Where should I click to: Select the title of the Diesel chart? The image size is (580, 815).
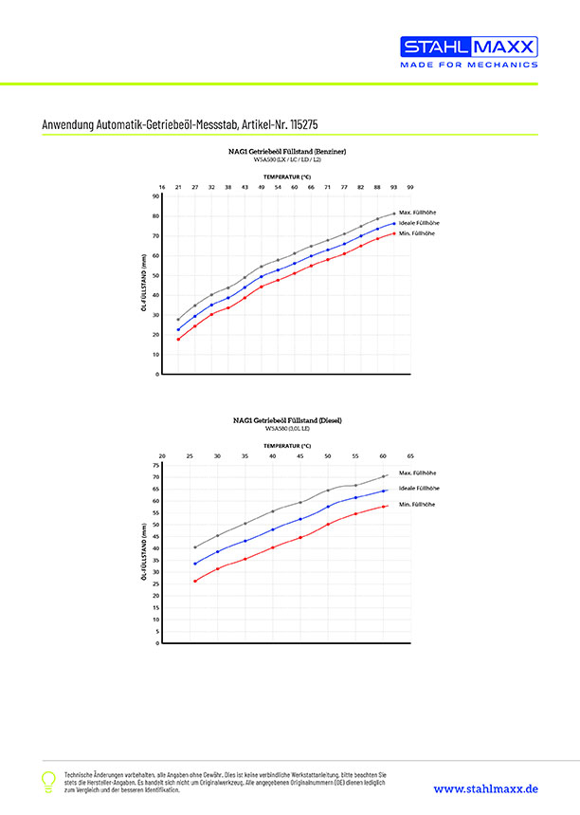[x=288, y=420]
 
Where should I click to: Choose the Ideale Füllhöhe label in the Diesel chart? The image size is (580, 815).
[x=419, y=488]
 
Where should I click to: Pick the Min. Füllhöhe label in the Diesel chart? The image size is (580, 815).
[x=417, y=504]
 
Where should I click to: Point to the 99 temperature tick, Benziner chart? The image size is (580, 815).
[x=410, y=188]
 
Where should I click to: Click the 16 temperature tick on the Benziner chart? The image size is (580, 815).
[x=162, y=188]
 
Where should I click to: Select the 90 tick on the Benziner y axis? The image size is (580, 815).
[x=155, y=196]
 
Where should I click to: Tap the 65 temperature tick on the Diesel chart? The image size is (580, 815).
[x=409, y=456]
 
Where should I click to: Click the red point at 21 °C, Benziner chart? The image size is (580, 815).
[x=178, y=339]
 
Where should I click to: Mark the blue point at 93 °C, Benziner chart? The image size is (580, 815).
[x=393, y=224]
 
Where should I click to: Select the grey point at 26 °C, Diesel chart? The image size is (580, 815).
[x=195, y=547]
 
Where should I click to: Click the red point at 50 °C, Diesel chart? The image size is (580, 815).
[x=328, y=524]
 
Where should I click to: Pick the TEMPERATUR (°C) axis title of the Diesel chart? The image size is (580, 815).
[x=287, y=445]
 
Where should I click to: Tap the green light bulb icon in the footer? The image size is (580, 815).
[x=48, y=781]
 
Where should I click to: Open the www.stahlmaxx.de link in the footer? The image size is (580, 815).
[x=486, y=788]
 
